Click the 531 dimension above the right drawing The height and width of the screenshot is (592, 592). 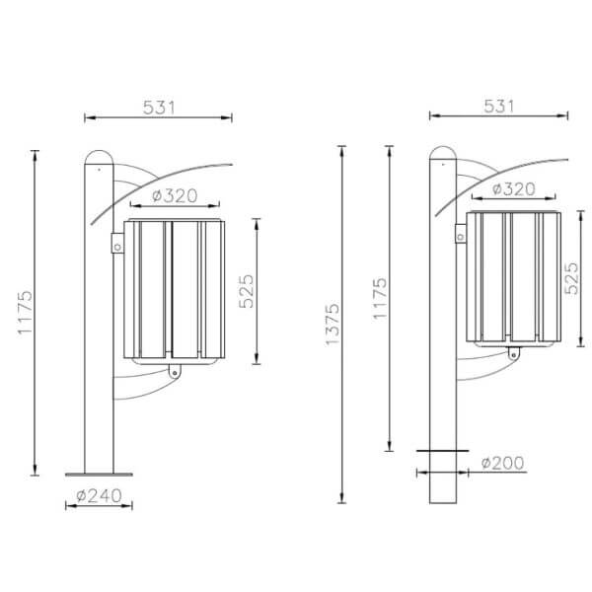click(500, 106)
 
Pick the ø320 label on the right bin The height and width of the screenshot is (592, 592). click(513, 188)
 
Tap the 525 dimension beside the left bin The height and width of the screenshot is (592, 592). click(248, 290)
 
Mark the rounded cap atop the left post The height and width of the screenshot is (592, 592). click(99, 158)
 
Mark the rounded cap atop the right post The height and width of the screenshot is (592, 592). click(443, 154)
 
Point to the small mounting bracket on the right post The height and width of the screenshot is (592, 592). click(460, 234)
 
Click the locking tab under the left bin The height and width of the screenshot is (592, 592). click(175, 371)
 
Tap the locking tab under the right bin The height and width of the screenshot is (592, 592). click(513, 352)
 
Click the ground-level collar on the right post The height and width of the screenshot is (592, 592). click(443, 452)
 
